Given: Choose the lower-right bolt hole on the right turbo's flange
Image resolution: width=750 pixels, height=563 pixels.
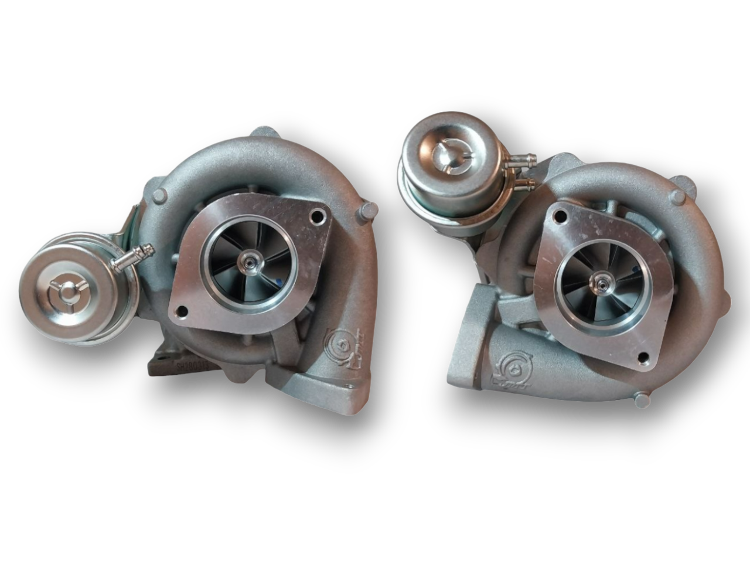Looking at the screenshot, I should (x=646, y=356).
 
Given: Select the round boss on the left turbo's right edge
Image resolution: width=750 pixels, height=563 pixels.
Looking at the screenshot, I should (x=370, y=210).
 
